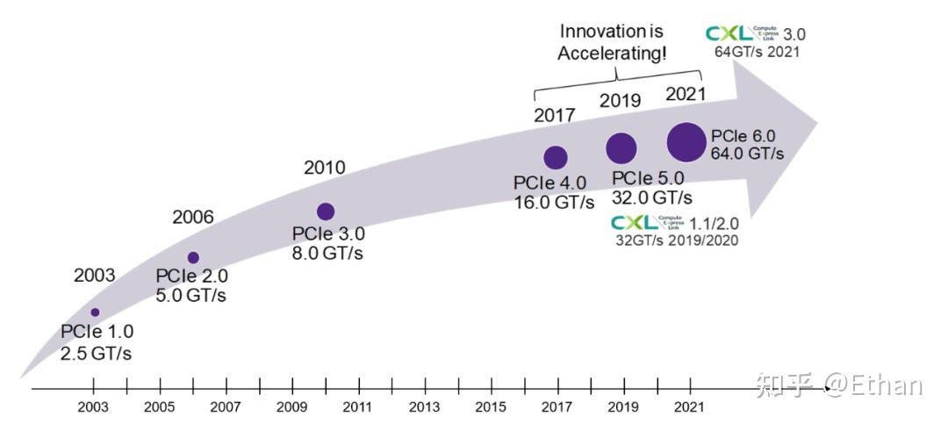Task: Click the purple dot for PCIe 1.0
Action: (95, 313)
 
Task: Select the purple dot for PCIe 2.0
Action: (193, 257)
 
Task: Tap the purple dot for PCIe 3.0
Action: (326, 211)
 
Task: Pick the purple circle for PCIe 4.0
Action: (556, 157)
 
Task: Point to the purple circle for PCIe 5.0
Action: (621, 148)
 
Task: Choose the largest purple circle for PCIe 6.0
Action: (686, 141)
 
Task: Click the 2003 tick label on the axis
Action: (93, 407)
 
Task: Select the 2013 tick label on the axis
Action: (424, 407)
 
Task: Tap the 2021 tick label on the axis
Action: (689, 407)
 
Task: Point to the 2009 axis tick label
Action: (291, 407)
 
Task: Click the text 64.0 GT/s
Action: (748, 154)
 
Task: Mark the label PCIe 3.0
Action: (328, 234)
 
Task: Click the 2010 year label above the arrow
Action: (324, 167)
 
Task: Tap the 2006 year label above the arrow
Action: (193, 217)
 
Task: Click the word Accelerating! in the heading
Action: (613, 54)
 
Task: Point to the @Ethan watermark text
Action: (873, 384)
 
